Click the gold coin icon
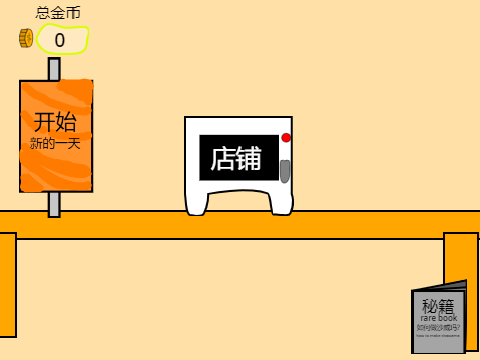click(x=26, y=39)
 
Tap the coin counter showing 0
click(x=62, y=40)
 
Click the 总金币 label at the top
click(x=58, y=13)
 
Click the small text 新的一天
click(x=55, y=144)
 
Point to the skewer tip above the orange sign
click(x=54, y=68)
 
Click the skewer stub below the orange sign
click(x=54, y=203)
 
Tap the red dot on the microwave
click(x=286, y=138)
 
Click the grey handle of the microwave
click(x=285, y=170)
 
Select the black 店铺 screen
click(x=238, y=158)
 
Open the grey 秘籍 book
click(x=439, y=320)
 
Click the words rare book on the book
click(x=439, y=318)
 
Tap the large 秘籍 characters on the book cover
click(x=439, y=305)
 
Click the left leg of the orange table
click(x=7, y=285)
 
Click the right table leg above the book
click(x=461, y=260)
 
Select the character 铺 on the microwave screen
click(x=250, y=158)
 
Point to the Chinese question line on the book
click(x=439, y=327)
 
